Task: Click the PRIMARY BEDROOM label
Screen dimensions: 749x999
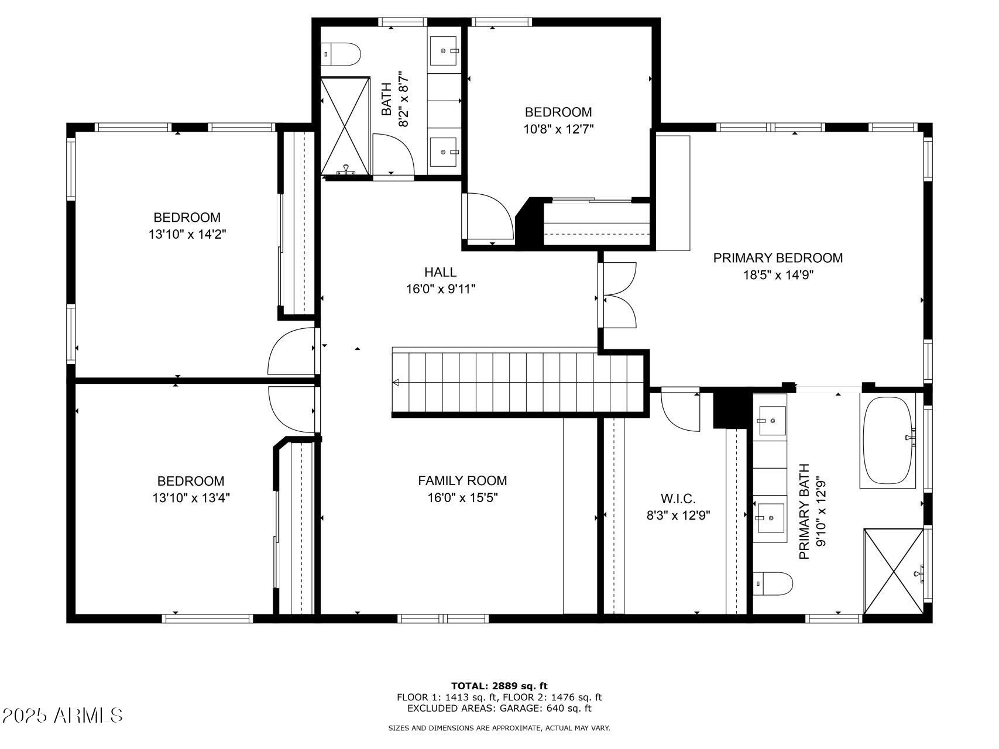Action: point(778,258)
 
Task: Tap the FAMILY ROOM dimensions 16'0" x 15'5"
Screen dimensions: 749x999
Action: point(462,498)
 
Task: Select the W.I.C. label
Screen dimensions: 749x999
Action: point(678,499)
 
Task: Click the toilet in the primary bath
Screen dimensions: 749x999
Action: point(773,583)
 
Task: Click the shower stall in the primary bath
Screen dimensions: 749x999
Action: point(894,571)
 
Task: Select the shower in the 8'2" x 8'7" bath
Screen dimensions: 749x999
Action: point(345,126)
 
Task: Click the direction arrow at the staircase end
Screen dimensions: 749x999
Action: point(396,383)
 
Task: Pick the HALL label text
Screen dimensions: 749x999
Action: point(440,272)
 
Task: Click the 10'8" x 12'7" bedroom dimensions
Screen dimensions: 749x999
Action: point(558,129)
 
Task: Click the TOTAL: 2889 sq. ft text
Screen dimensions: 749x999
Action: point(499,686)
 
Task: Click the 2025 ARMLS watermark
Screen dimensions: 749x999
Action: point(62,715)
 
